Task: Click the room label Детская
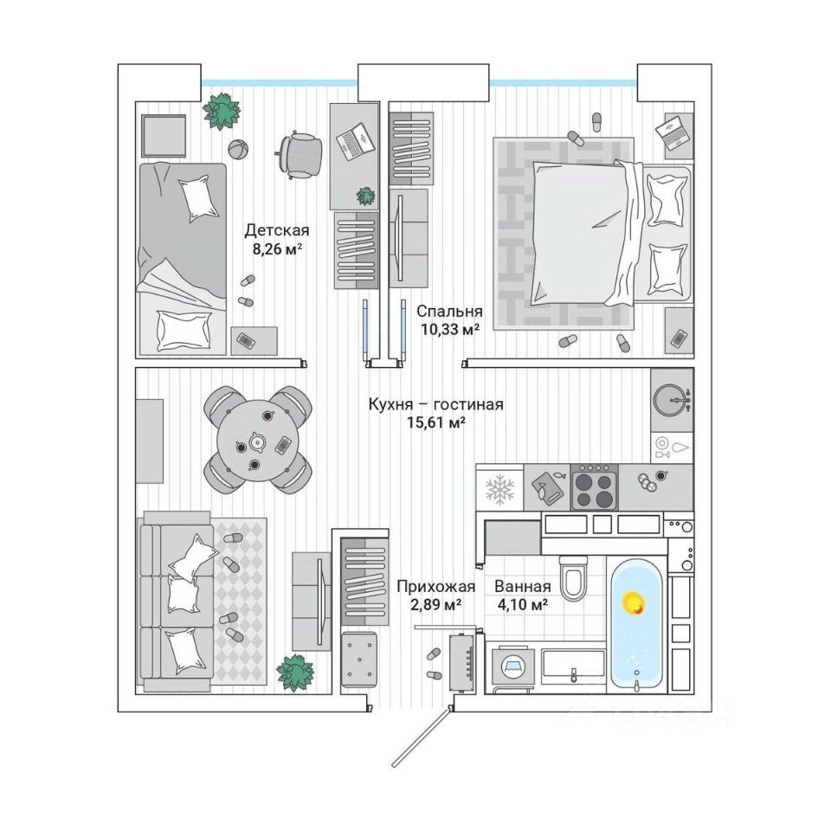[276, 230]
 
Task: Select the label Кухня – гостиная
[435, 403]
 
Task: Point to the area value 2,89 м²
[428, 605]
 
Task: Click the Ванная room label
[522, 586]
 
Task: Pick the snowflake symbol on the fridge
[499, 488]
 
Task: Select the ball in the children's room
[237, 148]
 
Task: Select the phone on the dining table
[283, 446]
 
